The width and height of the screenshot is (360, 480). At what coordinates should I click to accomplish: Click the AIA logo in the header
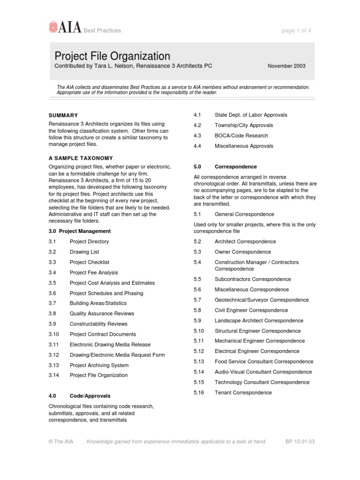click(65, 29)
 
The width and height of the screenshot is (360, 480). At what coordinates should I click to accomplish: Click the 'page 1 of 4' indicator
click(296, 30)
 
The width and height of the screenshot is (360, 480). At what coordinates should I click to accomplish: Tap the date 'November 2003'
click(286, 66)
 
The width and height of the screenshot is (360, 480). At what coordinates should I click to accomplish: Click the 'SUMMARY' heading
click(63, 115)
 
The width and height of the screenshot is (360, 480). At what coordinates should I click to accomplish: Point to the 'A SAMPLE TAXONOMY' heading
click(81, 158)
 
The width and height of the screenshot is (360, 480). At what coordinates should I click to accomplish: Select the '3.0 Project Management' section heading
click(80, 231)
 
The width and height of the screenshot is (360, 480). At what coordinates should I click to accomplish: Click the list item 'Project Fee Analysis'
click(94, 272)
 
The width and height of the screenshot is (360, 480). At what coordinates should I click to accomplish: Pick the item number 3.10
click(53, 334)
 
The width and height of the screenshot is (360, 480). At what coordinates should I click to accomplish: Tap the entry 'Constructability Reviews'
click(98, 324)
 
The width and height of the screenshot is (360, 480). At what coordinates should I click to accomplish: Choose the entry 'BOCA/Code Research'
click(241, 135)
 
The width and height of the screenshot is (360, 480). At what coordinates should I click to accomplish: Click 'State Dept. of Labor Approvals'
click(251, 115)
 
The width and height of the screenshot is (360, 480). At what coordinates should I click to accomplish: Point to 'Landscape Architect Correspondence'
click(259, 321)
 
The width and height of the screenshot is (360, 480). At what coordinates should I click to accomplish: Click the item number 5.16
click(199, 392)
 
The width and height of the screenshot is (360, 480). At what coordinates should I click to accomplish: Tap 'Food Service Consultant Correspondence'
click(264, 361)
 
